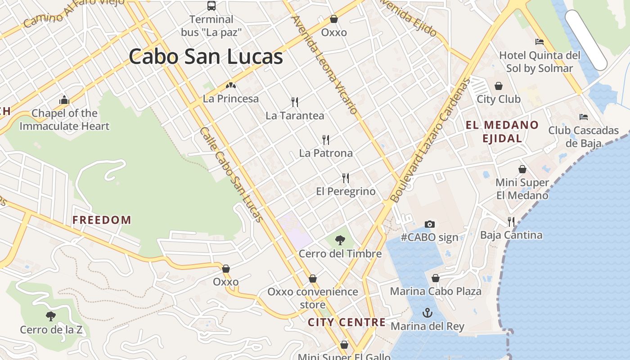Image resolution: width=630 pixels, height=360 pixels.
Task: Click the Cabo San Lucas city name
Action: pos(206,57)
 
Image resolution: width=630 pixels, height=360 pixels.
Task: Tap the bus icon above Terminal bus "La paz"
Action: pos(211,6)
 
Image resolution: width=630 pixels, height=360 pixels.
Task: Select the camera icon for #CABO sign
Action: pos(430,224)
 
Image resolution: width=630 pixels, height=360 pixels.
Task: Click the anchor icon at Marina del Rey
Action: pos(427,312)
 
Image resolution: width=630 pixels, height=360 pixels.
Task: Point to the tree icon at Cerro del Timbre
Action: pos(340,240)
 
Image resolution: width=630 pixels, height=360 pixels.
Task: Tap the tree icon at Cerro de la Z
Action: pos(51,316)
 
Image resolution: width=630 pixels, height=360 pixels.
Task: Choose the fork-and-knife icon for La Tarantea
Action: pos(295,102)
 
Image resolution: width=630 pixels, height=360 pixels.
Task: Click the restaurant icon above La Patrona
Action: pos(326,139)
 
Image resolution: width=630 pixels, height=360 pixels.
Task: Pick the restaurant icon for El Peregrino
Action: pos(346,178)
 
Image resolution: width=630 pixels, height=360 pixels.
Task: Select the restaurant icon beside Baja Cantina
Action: pos(511,221)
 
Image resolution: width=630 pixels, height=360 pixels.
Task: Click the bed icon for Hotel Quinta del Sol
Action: pos(540,42)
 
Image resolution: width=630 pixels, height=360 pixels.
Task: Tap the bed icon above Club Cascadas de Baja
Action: pos(584,117)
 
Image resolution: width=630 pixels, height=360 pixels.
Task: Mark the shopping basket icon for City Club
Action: pos(499,86)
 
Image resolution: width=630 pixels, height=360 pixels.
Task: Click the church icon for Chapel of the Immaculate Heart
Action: pos(64,100)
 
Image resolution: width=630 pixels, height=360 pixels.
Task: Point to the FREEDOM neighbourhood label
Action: pos(102,220)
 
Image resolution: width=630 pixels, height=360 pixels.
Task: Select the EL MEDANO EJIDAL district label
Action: pos(502,131)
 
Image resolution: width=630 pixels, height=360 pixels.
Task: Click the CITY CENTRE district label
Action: pos(346,322)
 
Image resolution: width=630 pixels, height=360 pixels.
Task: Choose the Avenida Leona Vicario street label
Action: pos(324,65)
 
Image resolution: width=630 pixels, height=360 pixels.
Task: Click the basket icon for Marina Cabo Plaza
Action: pos(436,278)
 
